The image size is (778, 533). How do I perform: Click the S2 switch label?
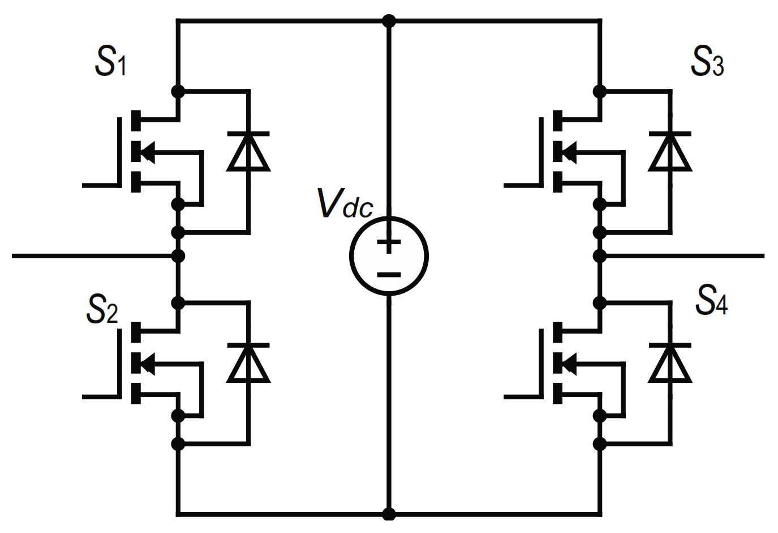tap(102, 309)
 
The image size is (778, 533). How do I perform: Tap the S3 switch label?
tap(707, 62)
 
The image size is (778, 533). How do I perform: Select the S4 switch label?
tap(711, 301)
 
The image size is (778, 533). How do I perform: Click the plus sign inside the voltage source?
tap(389, 244)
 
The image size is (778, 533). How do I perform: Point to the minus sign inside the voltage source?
tap(389, 275)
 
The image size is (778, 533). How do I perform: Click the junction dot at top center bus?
tap(389, 22)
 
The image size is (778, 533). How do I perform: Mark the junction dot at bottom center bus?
tap(389, 514)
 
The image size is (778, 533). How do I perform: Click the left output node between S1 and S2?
tap(178, 256)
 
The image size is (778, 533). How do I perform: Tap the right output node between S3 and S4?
tap(600, 256)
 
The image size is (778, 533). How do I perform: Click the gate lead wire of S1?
tap(99, 185)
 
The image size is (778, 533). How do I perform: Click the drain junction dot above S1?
tap(178, 91)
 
